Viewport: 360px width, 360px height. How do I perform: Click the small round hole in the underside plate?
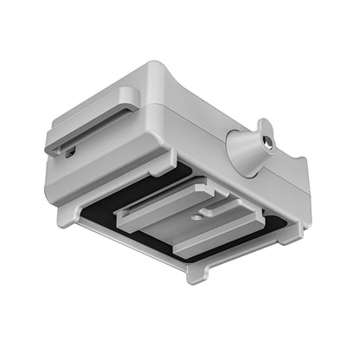click(x=196, y=217)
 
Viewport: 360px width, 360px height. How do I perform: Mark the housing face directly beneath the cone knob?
click(x=251, y=186)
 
